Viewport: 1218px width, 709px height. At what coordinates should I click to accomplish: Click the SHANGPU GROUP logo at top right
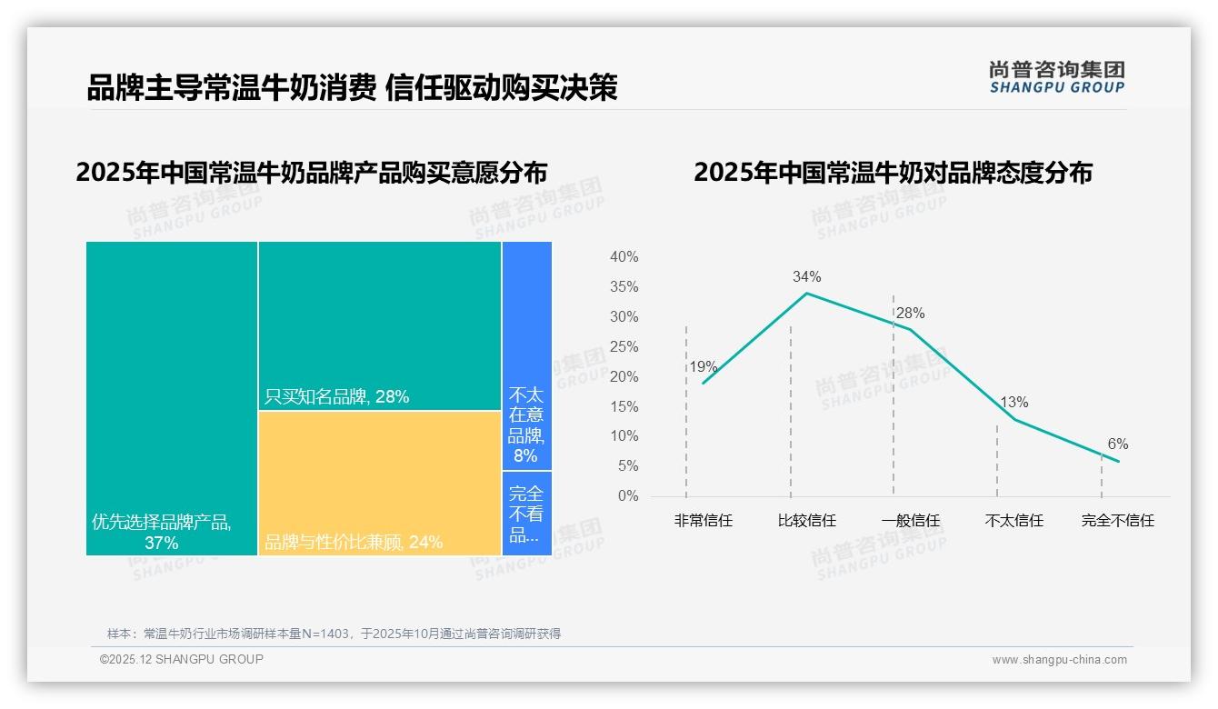click(1056, 77)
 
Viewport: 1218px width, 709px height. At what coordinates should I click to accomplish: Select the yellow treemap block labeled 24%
click(379, 482)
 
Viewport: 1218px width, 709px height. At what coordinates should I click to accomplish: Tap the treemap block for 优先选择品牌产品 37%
click(172, 397)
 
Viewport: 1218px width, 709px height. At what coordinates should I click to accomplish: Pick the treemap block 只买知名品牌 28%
click(379, 325)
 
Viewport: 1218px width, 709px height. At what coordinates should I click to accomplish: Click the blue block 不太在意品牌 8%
click(526, 354)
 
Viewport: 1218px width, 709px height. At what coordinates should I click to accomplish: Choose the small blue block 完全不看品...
click(526, 513)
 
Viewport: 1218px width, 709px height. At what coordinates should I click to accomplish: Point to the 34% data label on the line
click(806, 276)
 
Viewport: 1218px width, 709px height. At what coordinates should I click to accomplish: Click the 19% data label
click(703, 367)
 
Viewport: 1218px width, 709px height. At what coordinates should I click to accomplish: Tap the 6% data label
click(1117, 444)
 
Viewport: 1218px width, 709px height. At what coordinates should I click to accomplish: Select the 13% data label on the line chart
click(1013, 402)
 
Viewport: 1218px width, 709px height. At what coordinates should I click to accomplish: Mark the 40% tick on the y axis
click(624, 257)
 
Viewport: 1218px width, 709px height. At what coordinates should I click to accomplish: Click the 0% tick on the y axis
click(628, 496)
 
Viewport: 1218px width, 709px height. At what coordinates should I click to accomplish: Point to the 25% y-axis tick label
click(624, 346)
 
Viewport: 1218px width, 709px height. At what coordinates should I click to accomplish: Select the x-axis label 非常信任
click(703, 521)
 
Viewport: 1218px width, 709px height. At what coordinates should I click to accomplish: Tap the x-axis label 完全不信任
click(1117, 521)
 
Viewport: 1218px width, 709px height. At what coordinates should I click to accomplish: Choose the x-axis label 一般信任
click(910, 521)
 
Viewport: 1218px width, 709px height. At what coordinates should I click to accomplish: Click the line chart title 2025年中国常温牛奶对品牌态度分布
click(893, 173)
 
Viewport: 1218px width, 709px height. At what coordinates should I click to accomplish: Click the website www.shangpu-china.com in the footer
click(1059, 660)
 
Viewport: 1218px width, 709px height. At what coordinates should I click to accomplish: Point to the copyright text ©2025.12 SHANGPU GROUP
click(182, 659)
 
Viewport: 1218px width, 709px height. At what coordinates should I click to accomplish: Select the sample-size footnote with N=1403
click(334, 634)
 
